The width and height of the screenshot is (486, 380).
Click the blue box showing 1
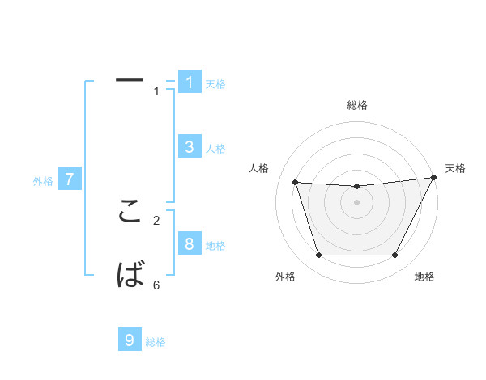189,82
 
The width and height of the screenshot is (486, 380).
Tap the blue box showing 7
69,179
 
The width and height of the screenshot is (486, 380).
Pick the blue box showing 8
189,244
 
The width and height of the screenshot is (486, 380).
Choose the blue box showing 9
130,340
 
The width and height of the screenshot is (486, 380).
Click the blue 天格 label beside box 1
215,84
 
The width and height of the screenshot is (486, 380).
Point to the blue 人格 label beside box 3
215,149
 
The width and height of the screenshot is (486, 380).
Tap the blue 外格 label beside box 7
43,181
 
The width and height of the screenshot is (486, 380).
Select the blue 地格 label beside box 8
215,246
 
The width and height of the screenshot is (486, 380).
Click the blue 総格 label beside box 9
156,342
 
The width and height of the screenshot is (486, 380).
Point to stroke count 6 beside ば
156,285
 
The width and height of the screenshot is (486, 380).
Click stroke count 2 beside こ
156,219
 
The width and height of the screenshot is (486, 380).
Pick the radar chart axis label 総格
357,105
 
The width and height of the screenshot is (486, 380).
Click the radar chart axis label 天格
455,168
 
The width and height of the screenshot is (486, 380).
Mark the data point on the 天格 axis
434,177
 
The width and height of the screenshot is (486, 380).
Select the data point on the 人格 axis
295,182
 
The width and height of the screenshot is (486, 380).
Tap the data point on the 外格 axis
318,255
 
